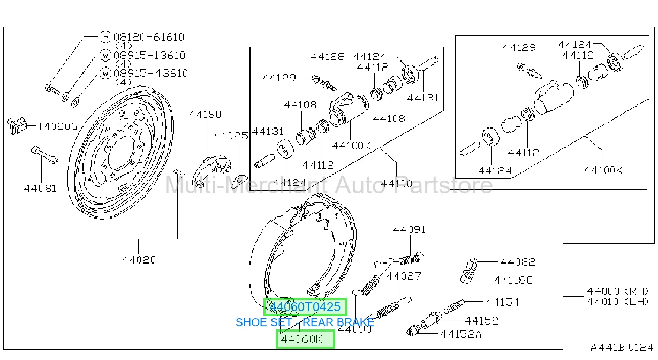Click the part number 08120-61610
click(149, 37)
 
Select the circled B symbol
click(105, 37)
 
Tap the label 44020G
click(57, 126)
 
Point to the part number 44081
click(40, 188)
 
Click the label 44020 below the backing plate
click(139, 260)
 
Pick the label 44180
click(205, 114)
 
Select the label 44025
click(231, 136)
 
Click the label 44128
click(328, 56)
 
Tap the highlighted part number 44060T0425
click(305, 307)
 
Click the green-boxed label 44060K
click(301, 339)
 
